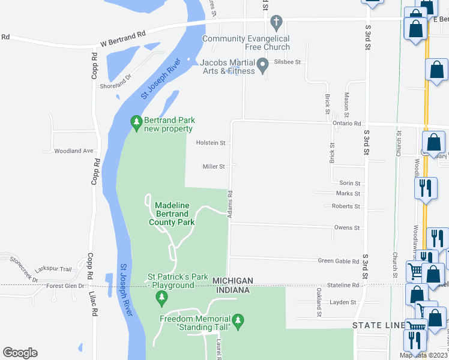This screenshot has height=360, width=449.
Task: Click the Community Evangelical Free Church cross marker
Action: (x=276, y=24)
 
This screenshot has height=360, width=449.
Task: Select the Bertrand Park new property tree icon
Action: (x=137, y=122)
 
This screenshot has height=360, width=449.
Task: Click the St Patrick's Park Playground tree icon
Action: (x=161, y=297)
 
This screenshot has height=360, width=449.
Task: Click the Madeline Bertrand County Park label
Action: (x=172, y=214)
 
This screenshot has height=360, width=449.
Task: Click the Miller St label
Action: (x=213, y=167)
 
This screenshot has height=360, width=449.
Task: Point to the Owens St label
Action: (x=347, y=228)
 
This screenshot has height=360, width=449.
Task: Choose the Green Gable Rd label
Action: (x=339, y=261)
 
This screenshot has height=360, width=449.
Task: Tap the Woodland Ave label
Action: (x=74, y=151)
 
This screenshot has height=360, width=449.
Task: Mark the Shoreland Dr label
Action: (x=116, y=82)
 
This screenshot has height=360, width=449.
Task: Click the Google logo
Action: (x=20, y=353)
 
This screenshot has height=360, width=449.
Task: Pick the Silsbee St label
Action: (x=287, y=62)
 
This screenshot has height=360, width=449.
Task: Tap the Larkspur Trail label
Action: (x=53, y=269)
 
